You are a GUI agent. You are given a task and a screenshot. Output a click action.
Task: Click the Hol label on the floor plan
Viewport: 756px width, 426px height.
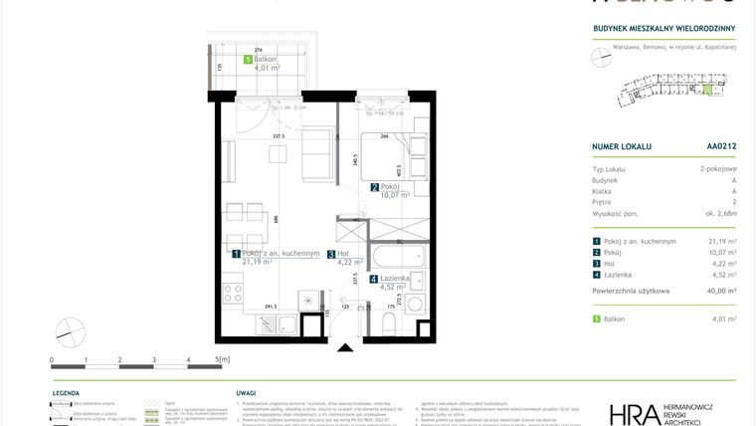click(344, 254)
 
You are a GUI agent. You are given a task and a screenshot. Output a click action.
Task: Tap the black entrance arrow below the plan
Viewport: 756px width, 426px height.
click(345, 346)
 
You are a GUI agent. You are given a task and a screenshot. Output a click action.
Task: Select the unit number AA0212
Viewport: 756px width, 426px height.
click(720, 146)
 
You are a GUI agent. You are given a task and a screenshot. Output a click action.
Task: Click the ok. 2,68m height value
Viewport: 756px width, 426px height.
click(717, 213)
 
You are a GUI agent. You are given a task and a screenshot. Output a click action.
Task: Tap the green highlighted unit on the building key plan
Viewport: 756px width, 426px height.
click(708, 92)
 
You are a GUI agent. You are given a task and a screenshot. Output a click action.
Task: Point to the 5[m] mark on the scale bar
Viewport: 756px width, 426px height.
click(222, 358)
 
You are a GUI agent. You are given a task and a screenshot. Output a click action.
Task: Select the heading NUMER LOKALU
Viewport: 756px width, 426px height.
click(621, 146)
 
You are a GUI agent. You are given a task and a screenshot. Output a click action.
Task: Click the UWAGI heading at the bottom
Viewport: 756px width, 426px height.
click(246, 393)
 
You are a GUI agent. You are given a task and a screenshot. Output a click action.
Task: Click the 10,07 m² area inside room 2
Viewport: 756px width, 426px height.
click(389, 195)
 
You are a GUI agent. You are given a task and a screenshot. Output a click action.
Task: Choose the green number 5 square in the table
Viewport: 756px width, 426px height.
click(595, 319)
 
